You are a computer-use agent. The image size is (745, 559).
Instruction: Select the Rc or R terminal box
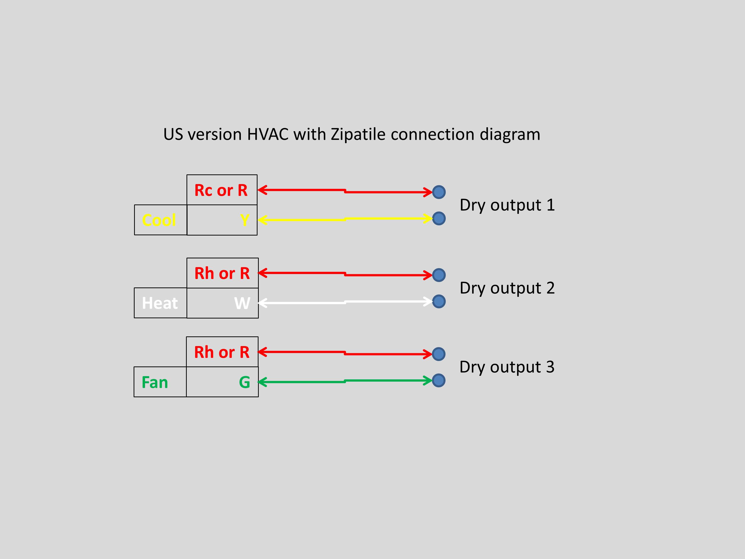click(222, 190)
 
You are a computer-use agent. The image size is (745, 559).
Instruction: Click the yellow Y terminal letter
click(245, 220)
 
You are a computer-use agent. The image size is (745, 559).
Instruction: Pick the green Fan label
click(155, 382)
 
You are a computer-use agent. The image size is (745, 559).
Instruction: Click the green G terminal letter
click(245, 382)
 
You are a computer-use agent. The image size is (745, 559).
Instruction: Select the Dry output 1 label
click(507, 205)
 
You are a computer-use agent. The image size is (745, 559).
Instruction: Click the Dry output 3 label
click(507, 367)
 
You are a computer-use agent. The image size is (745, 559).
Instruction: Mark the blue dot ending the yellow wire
click(439, 218)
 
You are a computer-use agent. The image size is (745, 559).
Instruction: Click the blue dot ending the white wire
click(439, 301)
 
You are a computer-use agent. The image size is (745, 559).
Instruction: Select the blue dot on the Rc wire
click(439, 192)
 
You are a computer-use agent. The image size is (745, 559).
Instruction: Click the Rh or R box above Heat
click(222, 273)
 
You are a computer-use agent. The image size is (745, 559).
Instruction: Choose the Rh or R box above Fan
click(222, 352)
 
